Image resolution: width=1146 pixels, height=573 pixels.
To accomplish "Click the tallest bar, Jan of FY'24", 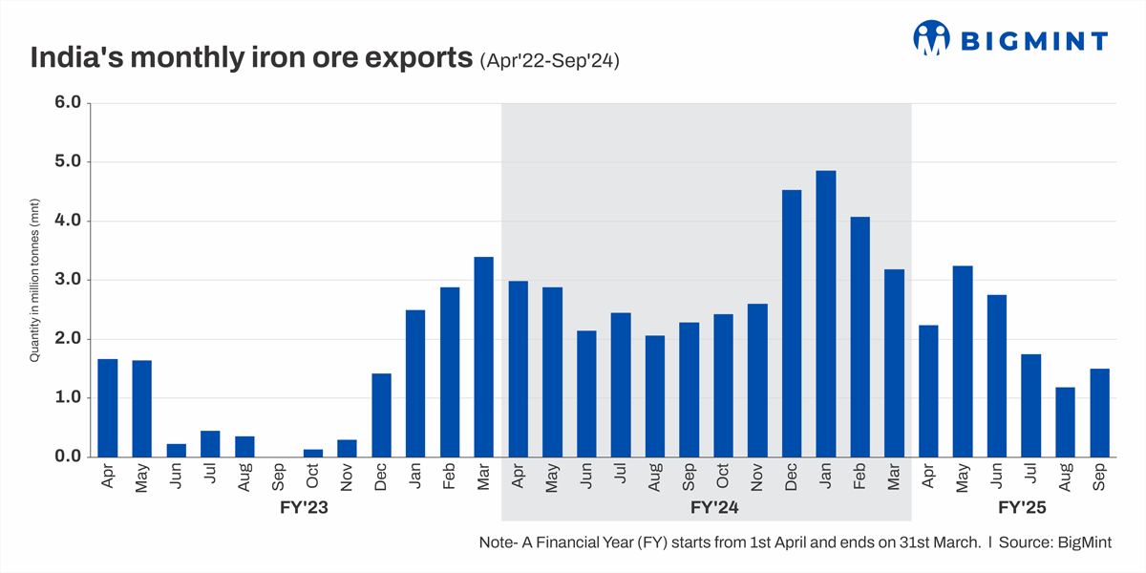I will point(826,314).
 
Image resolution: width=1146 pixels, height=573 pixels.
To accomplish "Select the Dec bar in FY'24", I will point(792,324).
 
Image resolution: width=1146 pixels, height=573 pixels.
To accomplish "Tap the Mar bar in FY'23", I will point(484,357).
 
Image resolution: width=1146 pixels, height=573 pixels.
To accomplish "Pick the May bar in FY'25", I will point(963,362).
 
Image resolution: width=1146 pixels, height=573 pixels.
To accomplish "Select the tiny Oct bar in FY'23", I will point(313,453).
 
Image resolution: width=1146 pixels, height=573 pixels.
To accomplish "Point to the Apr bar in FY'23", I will point(108,408).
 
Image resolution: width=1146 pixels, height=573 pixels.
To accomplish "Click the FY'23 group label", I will point(297,509).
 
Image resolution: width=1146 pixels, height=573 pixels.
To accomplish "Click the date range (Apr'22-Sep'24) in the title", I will point(550,61).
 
